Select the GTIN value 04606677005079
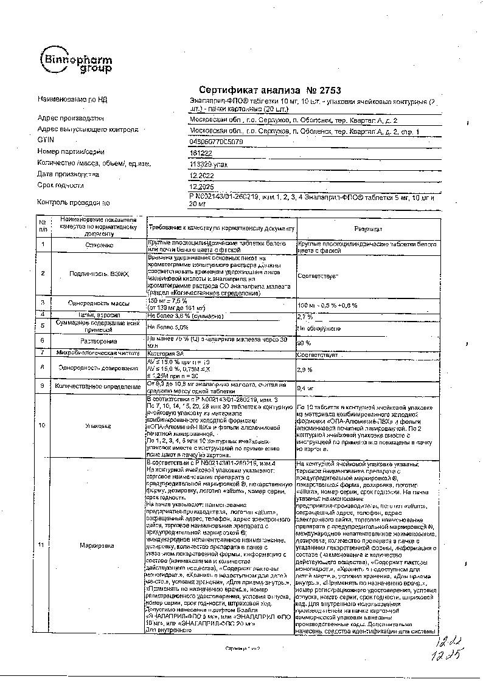[217, 142]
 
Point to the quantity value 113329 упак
[207, 164]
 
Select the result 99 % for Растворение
[303, 343]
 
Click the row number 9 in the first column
[43, 385]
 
